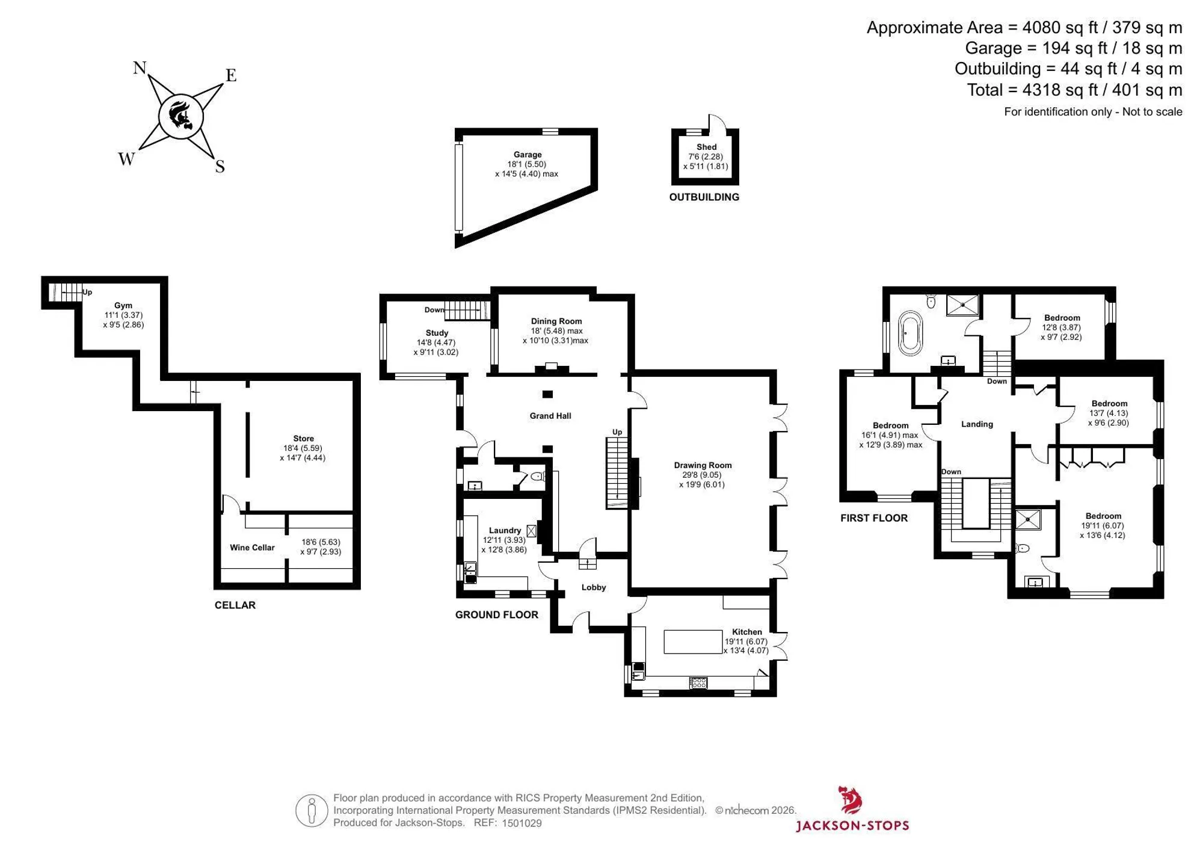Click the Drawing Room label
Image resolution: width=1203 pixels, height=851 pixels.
[703, 465]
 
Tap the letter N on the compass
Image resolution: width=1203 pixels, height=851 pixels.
[140, 67]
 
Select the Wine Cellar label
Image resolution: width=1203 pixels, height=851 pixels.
[252, 548]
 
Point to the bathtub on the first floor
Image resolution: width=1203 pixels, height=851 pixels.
[909, 333]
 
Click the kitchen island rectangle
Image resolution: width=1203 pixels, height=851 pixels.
[693, 642]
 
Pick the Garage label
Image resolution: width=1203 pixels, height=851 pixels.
[528, 155]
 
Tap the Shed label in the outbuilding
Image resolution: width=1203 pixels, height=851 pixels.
[706, 147]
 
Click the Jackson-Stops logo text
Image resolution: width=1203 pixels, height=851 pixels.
[852, 826]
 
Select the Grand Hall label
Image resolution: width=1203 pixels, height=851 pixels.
[550, 416]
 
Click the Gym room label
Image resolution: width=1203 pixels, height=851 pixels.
[123, 306]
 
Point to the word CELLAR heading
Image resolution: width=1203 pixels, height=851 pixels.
[235, 605]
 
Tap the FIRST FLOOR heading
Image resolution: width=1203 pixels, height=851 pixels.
[874, 518]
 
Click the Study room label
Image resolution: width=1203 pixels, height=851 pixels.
[437, 333]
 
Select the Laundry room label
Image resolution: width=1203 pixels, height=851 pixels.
[505, 530]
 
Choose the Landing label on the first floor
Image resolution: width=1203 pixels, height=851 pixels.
[977, 424]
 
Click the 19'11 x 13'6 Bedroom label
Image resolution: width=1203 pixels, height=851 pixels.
[1103, 516]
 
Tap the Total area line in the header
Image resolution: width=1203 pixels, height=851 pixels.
[1074, 90]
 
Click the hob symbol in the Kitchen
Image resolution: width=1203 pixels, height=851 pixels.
[698, 682]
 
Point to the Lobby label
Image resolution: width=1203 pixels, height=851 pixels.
[594, 587]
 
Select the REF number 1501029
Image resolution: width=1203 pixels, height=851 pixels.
[522, 823]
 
